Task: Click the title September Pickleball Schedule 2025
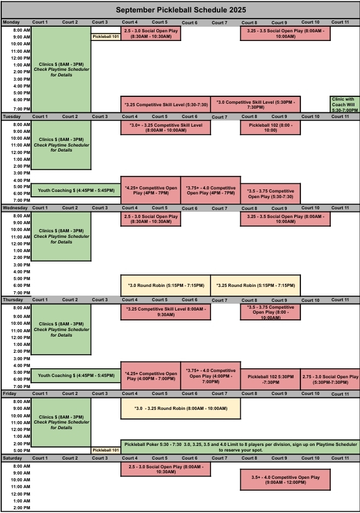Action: pyautogui.click(x=181, y=10)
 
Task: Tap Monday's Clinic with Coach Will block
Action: pyautogui.click(x=344, y=104)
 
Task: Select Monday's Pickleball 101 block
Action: pyautogui.click(x=106, y=37)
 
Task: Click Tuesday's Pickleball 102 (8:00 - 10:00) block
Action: pyautogui.click(x=271, y=127)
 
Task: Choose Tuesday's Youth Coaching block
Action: pyautogui.click(x=76, y=191)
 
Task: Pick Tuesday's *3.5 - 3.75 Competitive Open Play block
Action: pyautogui.click(x=271, y=194)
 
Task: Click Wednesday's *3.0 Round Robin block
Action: pyautogui.click(x=166, y=285)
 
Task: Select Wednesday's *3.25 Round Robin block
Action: pyautogui.click(x=255, y=285)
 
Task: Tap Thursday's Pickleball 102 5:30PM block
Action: pyautogui.click(x=271, y=379)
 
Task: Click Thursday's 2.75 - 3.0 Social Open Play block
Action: pyautogui.click(x=330, y=379)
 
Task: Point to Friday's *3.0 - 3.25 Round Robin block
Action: pyautogui.click(x=181, y=408)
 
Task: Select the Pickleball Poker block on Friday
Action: pyautogui.click(x=240, y=447)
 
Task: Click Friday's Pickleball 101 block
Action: pyautogui.click(x=106, y=450)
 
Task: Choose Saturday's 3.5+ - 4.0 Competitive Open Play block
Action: pyautogui.click(x=285, y=479)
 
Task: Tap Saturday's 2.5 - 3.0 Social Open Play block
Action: pyautogui.click(x=166, y=469)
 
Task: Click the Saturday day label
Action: pyautogui.click(x=12, y=458)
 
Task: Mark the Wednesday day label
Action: pyautogui.click(x=15, y=208)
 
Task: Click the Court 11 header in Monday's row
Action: pyautogui.click(x=340, y=22)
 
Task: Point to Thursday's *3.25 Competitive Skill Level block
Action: pyautogui.click(x=166, y=312)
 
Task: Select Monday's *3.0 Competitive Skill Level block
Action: pyautogui.click(x=255, y=104)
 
